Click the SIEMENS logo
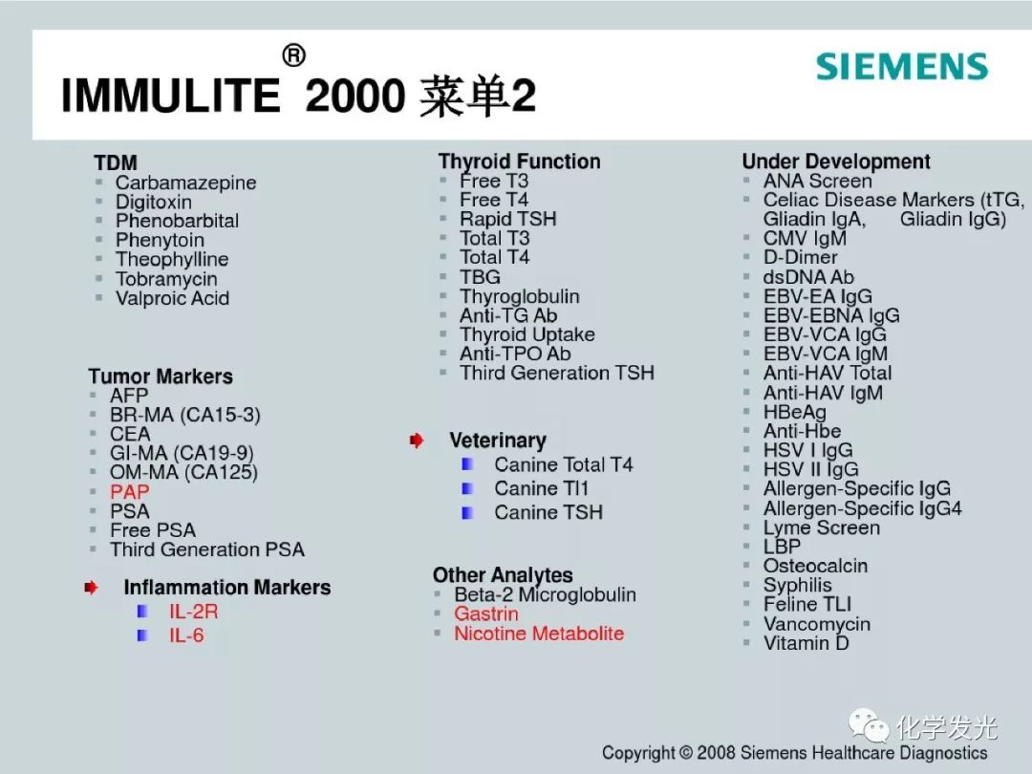pyautogui.click(x=902, y=67)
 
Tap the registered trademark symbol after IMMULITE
pyautogui.click(x=293, y=55)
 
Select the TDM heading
pyautogui.click(x=116, y=162)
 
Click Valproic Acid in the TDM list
pyautogui.click(x=172, y=298)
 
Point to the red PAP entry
pyautogui.click(x=130, y=492)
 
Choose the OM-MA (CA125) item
pyautogui.click(x=183, y=472)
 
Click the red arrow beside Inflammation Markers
pyautogui.click(x=91, y=587)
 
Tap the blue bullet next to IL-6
pyautogui.click(x=142, y=635)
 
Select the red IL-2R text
pyautogui.click(x=193, y=612)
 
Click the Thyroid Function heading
pyautogui.click(x=519, y=161)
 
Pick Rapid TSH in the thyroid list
pyautogui.click(x=508, y=219)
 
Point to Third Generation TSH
pyautogui.click(x=557, y=373)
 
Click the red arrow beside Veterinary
pyautogui.click(x=416, y=441)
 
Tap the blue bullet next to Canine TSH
pyautogui.click(x=467, y=513)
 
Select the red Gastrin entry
pyautogui.click(x=486, y=613)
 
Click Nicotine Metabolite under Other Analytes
pyautogui.click(x=539, y=634)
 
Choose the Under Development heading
pyautogui.click(x=836, y=161)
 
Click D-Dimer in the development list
pyautogui.click(x=801, y=257)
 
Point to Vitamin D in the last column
pyautogui.click(x=806, y=643)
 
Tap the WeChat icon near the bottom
pyautogui.click(x=869, y=726)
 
